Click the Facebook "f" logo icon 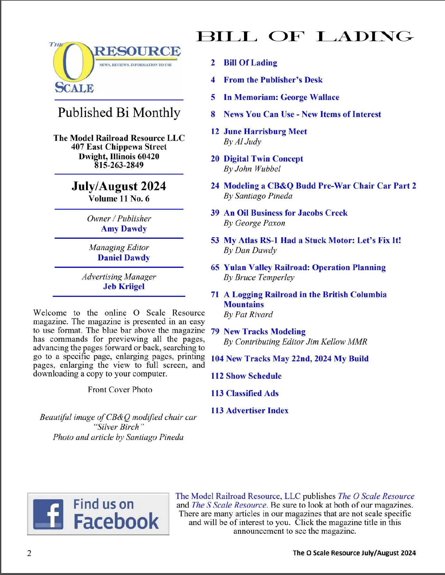[48, 514]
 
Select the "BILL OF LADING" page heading [304, 36]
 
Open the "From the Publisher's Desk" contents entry [273, 80]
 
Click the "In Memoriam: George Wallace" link [281, 97]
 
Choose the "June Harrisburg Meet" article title [265, 132]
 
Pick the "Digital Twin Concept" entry [263, 159]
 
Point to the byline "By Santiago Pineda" [258, 196]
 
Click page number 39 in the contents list [215, 213]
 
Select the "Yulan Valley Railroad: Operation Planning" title [305, 268]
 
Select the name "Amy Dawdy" [124, 229]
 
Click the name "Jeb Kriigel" [124, 287]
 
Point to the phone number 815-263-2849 [119, 165]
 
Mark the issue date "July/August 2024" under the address [119, 186]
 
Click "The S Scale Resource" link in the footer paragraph [229, 505]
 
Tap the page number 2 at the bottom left [29, 553]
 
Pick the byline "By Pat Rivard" [248, 315]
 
